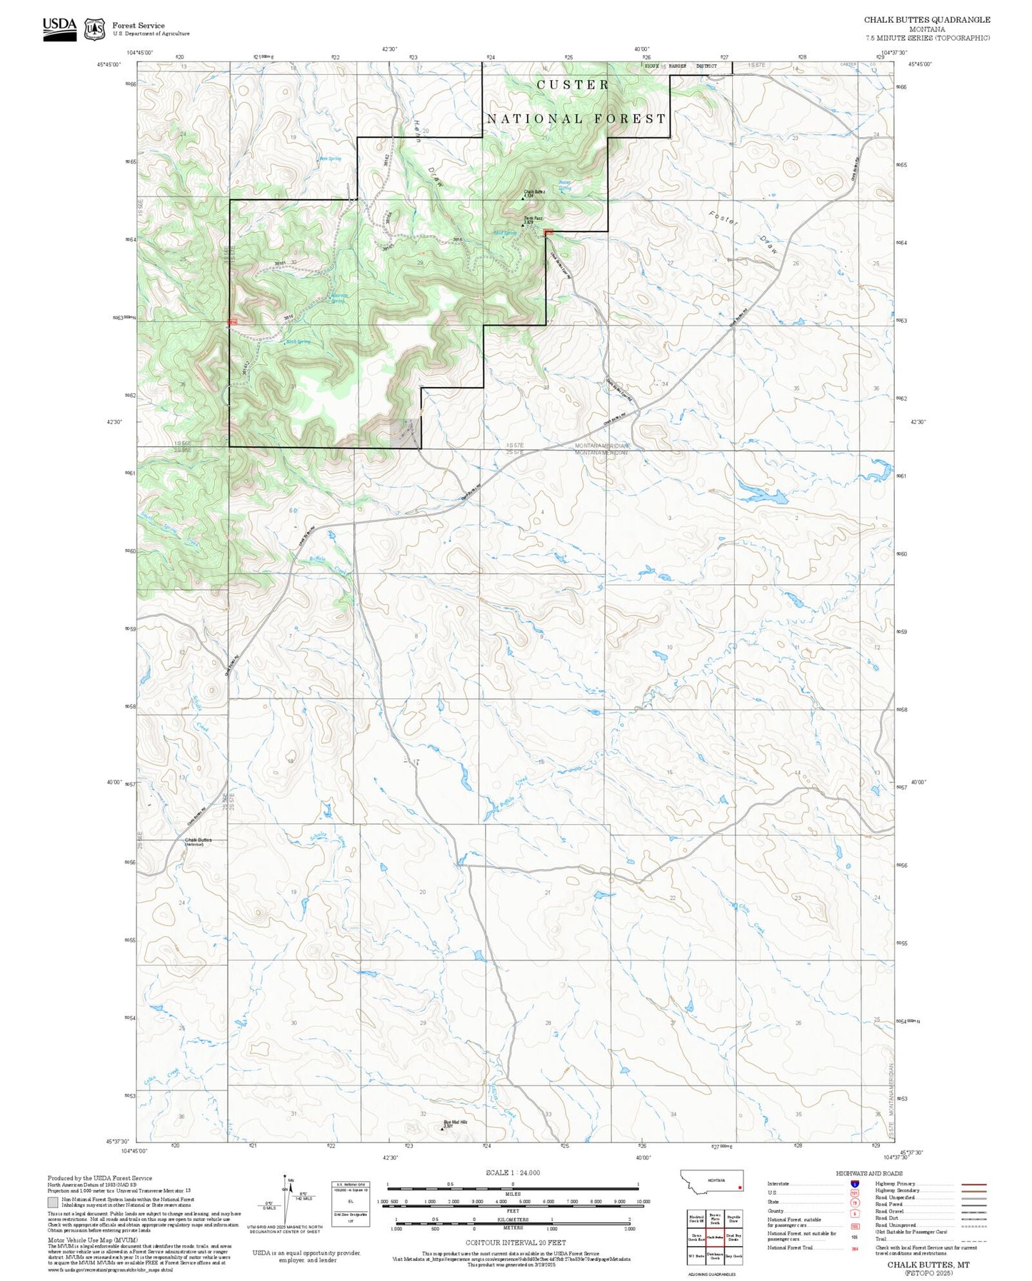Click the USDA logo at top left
pyautogui.click(x=59, y=28)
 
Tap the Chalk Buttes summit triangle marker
pyautogui.click(x=523, y=198)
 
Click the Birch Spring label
pyautogui.click(x=298, y=342)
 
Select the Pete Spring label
pyautogui.click(x=330, y=159)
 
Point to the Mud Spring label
pyautogui.click(x=504, y=233)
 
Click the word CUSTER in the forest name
pyautogui.click(x=573, y=85)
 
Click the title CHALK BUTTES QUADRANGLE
pyautogui.click(x=927, y=19)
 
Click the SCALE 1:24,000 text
pyautogui.click(x=512, y=1172)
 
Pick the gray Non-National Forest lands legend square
pyautogui.click(x=54, y=1202)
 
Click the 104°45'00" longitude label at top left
pyautogui.click(x=140, y=52)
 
